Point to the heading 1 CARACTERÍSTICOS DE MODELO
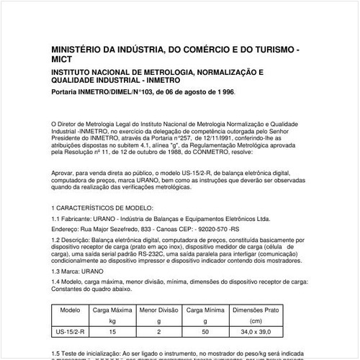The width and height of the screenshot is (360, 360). point(104,206)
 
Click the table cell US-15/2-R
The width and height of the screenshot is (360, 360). point(71,332)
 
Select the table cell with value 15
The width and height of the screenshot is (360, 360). point(112,332)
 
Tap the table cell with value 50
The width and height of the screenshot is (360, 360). point(205,332)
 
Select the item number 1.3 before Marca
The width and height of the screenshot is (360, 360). point(58,271)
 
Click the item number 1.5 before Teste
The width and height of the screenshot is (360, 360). point(58,354)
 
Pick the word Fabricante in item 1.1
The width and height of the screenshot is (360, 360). point(81,217)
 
